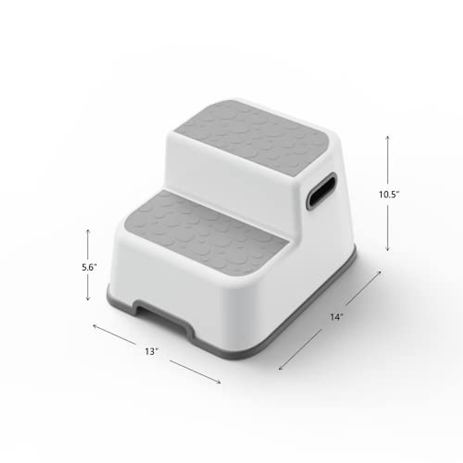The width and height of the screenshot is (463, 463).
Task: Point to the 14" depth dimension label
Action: [336, 317]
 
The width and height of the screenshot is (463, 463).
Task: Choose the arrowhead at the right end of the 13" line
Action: [220, 382]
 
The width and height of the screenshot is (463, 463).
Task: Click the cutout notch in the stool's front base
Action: [162, 311]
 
